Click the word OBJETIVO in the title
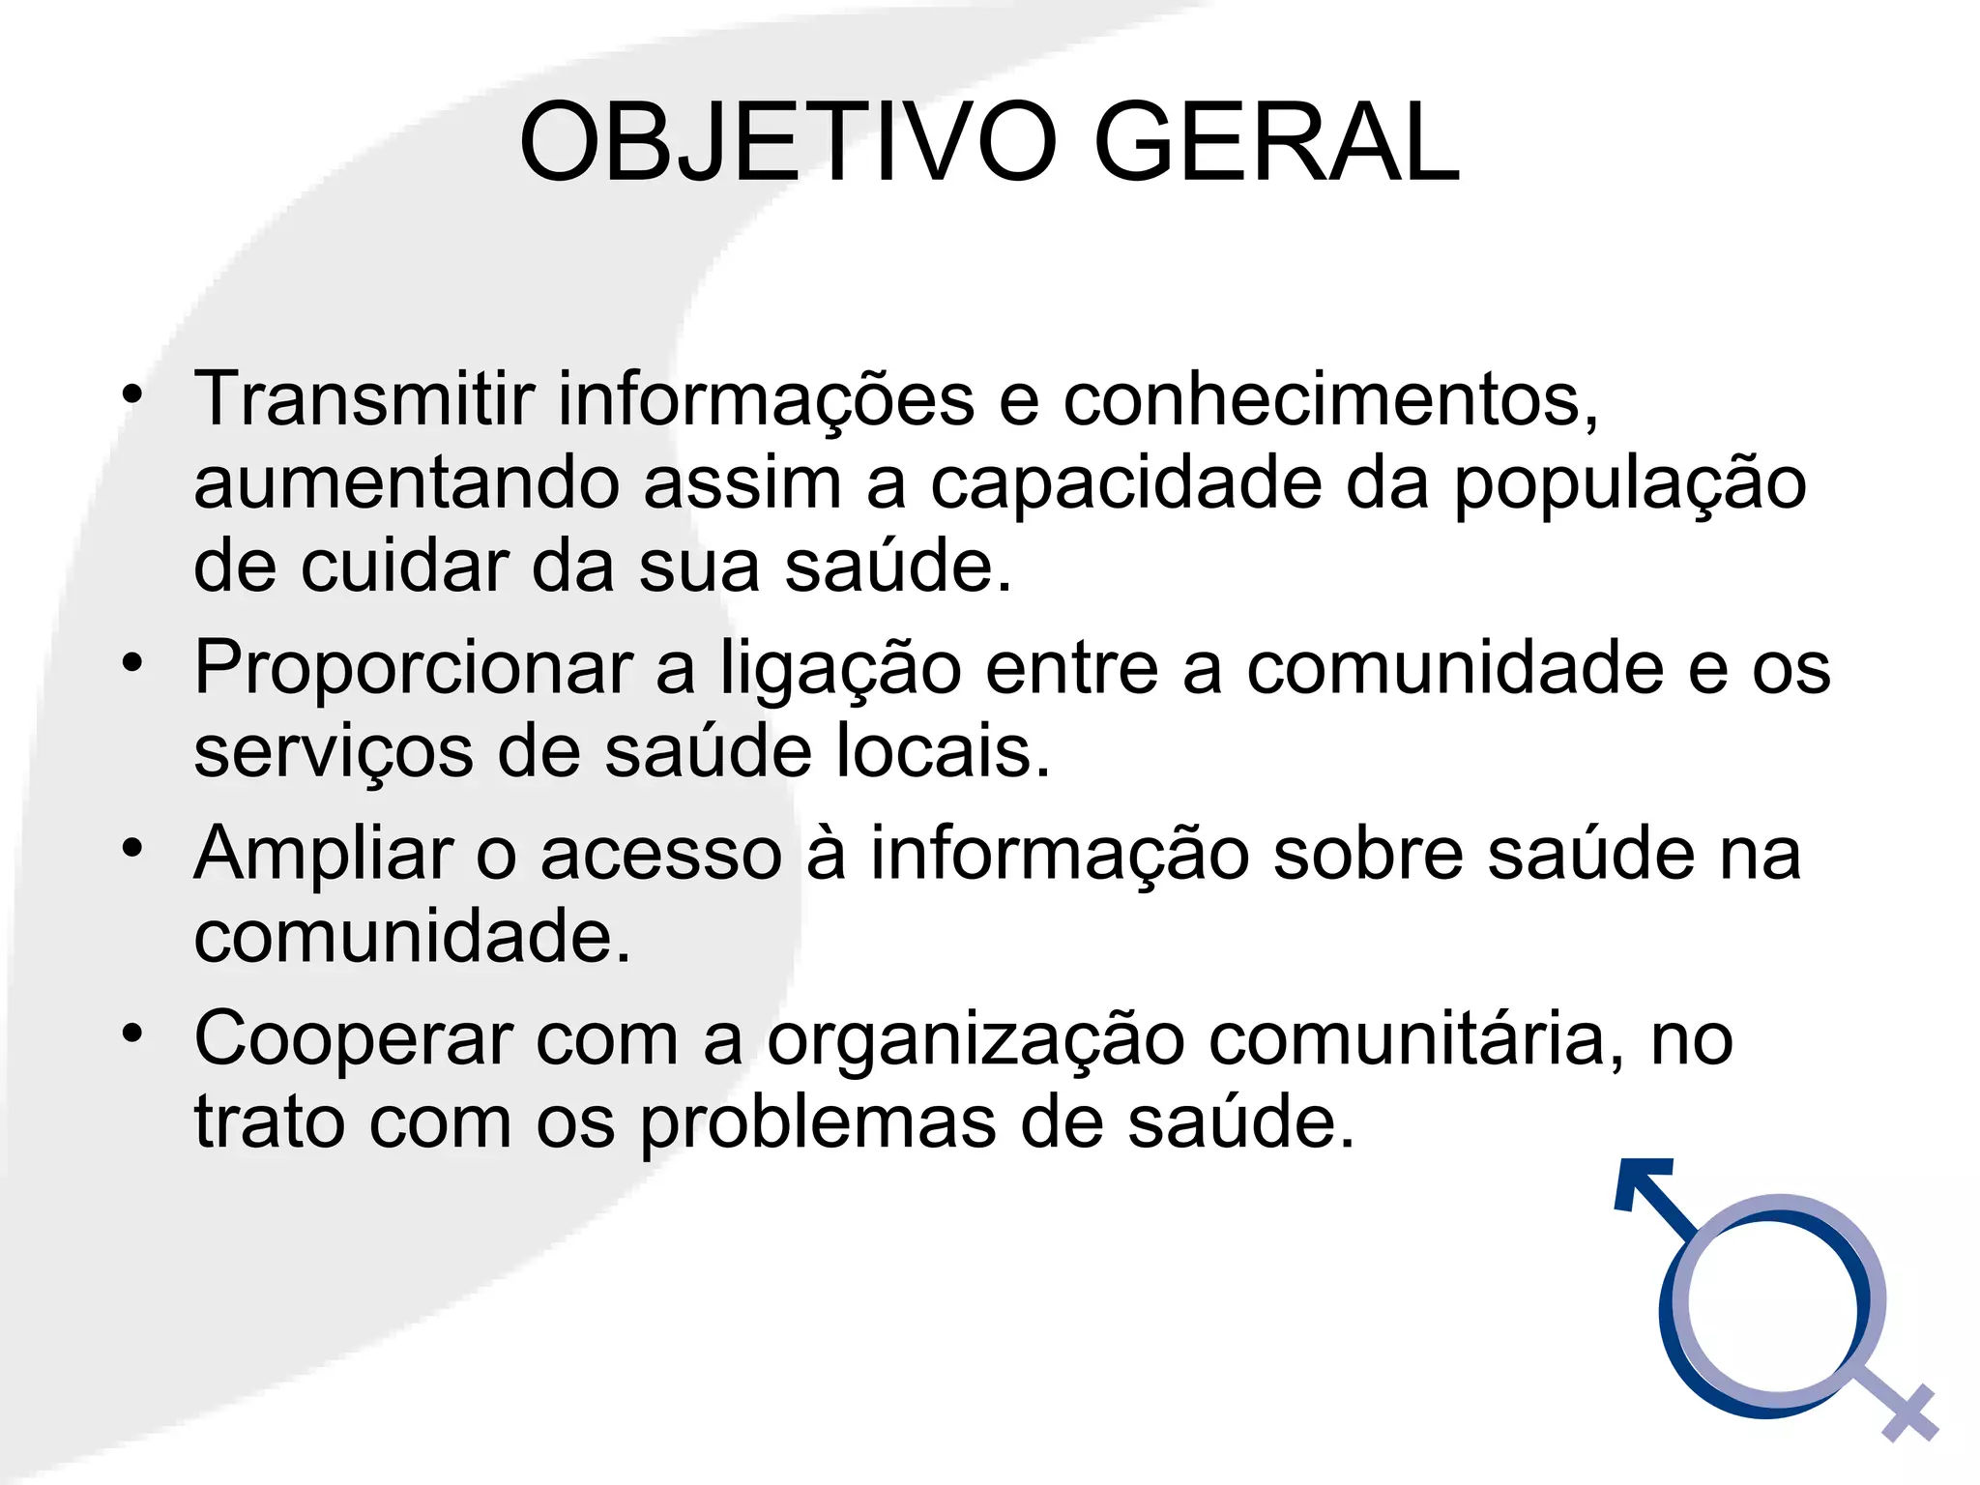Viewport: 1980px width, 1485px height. pos(788,143)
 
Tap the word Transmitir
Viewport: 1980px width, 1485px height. pos(364,398)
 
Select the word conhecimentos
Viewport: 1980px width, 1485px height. pos(1330,398)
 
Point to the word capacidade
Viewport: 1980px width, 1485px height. pos(1125,483)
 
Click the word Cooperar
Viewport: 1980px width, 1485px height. pos(353,1038)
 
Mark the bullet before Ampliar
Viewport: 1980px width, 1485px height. pos(132,848)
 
